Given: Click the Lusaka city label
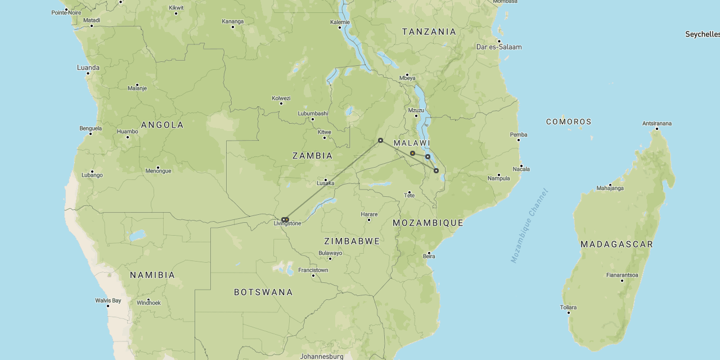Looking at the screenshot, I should coord(326,183).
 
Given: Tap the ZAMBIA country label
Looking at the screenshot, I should coord(312,156).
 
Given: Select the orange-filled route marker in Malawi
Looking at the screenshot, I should coord(412,153).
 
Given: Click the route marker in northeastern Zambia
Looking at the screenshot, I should coord(380,140).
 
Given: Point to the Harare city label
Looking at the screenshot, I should coord(369,214).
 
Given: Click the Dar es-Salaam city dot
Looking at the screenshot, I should coord(498,41).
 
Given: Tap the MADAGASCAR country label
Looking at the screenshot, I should coord(616,244).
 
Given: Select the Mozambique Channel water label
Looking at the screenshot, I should coord(529,226).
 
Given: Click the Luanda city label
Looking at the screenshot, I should coord(88,67).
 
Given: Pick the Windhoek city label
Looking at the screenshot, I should coord(148,303).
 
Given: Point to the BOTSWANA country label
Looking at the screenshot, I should coord(263,292).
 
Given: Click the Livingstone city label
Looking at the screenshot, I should coord(287,224).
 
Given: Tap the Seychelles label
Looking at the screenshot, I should coord(702,34).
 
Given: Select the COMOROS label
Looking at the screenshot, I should coord(569,121).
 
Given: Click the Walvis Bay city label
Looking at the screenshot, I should coord(108,300).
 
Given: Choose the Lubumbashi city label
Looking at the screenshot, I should coord(313,113).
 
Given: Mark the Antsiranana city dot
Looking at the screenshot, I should coord(656,129).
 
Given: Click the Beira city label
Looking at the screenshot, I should coord(429,256).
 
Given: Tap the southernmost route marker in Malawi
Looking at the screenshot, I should coord(436,170).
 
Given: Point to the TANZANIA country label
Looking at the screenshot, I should coord(429,31).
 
